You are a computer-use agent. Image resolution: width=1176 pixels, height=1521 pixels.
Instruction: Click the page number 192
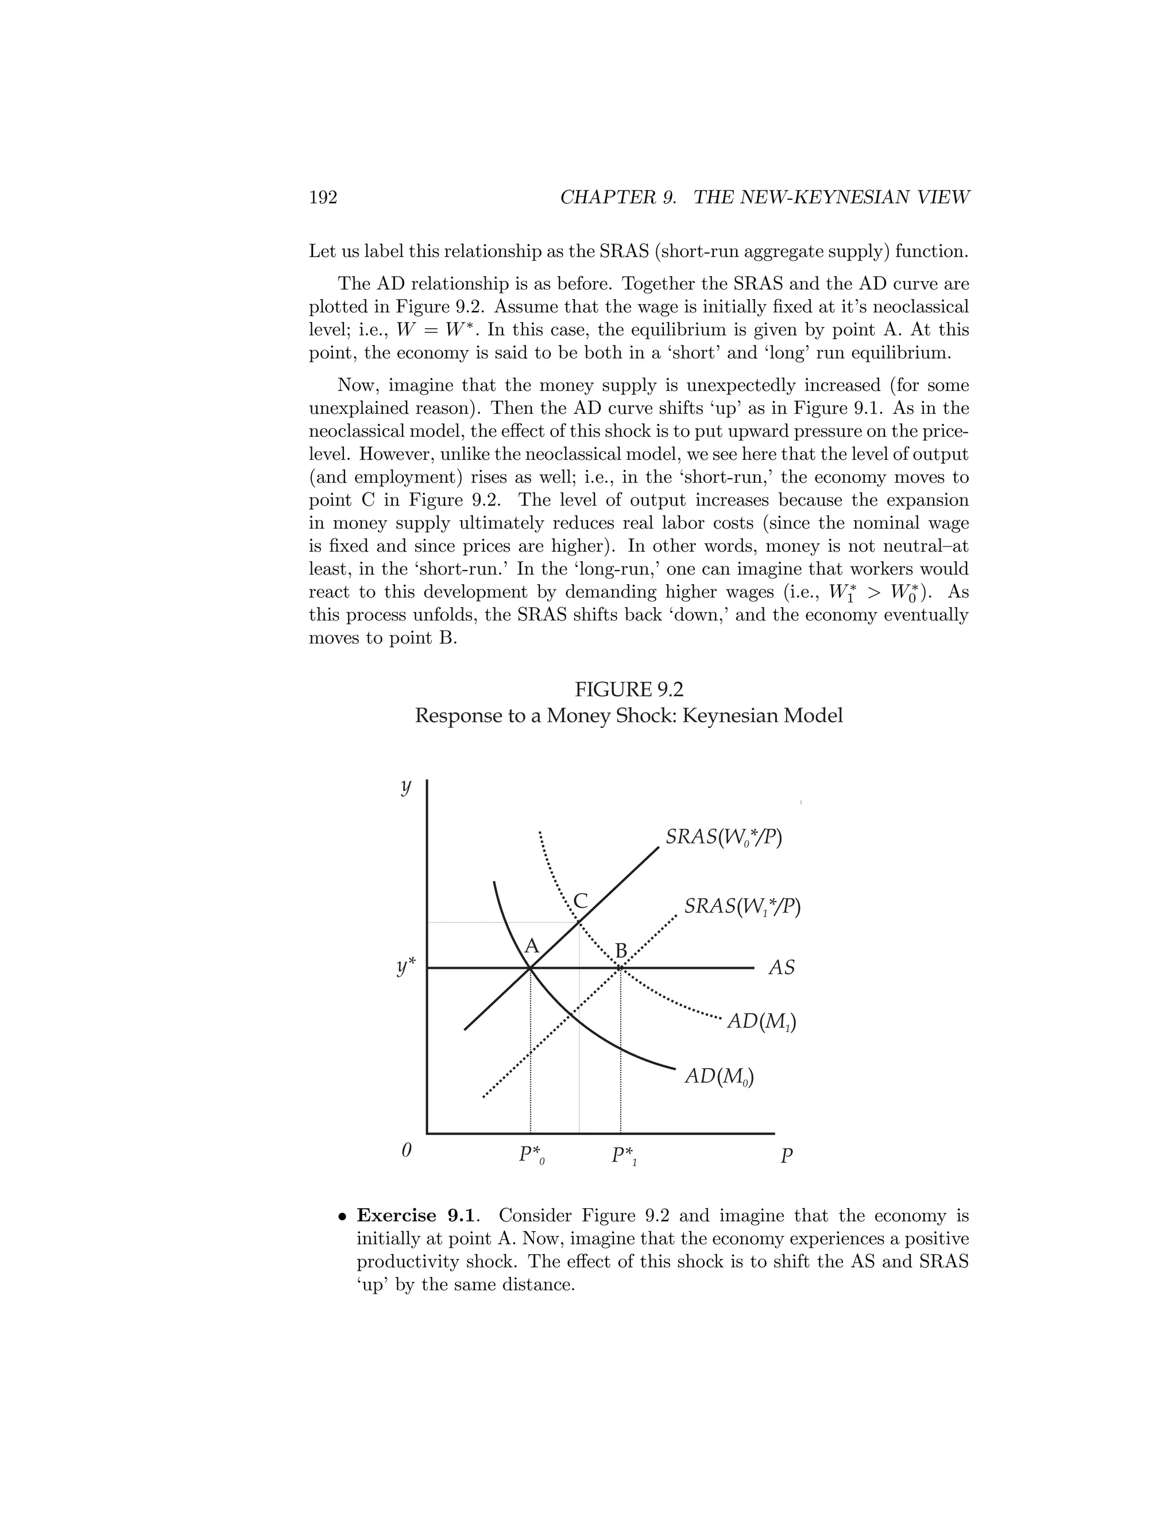323,198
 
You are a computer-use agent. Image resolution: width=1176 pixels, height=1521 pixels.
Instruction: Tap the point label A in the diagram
532,946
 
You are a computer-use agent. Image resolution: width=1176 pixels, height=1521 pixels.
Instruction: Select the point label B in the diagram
621,951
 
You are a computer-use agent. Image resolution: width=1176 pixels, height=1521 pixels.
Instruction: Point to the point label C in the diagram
581,901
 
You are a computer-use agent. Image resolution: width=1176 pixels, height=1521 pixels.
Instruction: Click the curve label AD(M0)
719,1076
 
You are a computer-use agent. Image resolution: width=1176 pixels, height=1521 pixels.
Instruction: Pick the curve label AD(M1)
761,1021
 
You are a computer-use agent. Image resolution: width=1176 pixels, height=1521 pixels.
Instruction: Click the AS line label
781,968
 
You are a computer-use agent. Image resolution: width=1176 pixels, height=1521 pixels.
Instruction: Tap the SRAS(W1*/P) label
741,906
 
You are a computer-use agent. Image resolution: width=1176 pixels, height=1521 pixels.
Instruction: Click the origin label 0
407,1150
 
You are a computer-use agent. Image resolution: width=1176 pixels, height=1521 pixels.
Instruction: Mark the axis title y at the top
405,787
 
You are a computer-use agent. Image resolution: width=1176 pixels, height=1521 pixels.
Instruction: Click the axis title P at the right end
786,1156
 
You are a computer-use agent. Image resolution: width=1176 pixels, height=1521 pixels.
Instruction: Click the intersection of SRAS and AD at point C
579,922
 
